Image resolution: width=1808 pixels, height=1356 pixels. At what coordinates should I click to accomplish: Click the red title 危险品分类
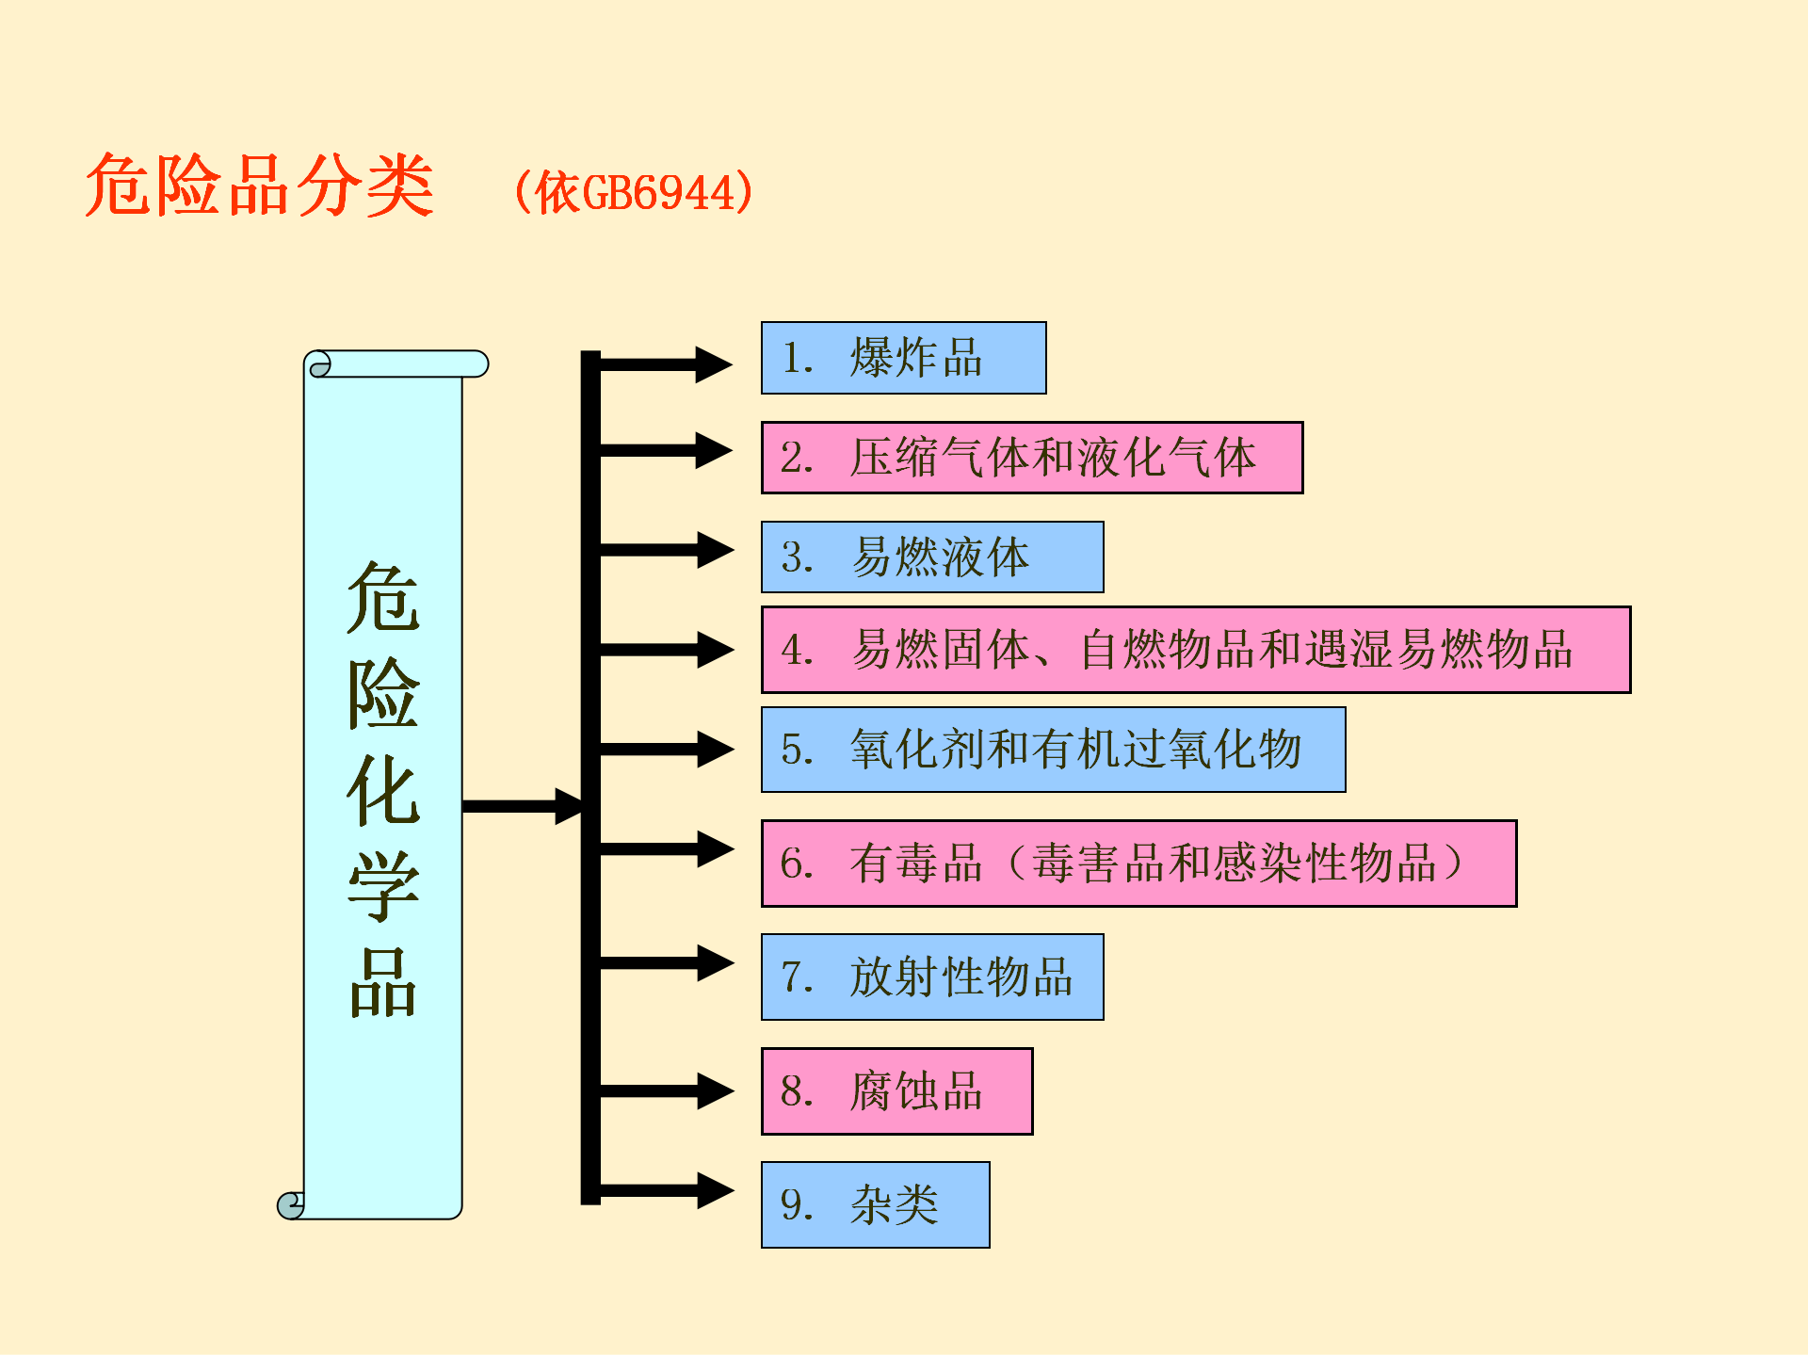click(x=260, y=186)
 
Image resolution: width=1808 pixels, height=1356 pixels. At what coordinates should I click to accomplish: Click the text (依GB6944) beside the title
click(x=633, y=193)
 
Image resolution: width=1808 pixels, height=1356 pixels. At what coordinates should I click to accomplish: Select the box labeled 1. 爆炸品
click(x=904, y=358)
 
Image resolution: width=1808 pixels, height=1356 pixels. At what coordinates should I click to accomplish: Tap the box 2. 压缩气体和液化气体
click(x=1032, y=458)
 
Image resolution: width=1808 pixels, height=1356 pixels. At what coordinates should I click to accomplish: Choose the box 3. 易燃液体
click(x=932, y=557)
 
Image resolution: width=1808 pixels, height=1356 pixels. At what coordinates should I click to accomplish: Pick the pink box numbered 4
click(x=1196, y=650)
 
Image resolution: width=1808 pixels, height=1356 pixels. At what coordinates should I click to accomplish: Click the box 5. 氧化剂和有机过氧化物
click(x=1054, y=750)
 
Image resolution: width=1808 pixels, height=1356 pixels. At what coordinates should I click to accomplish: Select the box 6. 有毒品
click(x=1139, y=864)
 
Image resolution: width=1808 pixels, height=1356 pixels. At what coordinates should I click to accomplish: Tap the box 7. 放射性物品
click(x=932, y=977)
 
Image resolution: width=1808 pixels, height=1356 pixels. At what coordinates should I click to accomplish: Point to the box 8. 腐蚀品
click(x=897, y=1091)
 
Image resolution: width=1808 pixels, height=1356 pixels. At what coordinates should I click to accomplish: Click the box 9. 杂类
click(x=876, y=1205)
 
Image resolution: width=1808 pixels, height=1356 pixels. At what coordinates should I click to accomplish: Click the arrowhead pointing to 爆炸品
click(x=714, y=364)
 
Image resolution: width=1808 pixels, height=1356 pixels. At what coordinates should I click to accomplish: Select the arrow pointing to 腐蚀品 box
click(x=667, y=1091)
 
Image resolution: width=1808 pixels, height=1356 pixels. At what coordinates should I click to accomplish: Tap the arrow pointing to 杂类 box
click(x=667, y=1190)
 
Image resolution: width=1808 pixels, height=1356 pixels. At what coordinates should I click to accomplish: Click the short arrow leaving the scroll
click(x=524, y=806)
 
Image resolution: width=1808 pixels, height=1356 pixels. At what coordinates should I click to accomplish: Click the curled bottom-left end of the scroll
click(x=291, y=1205)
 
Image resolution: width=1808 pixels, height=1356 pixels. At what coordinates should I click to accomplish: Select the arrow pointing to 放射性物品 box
click(x=667, y=962)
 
